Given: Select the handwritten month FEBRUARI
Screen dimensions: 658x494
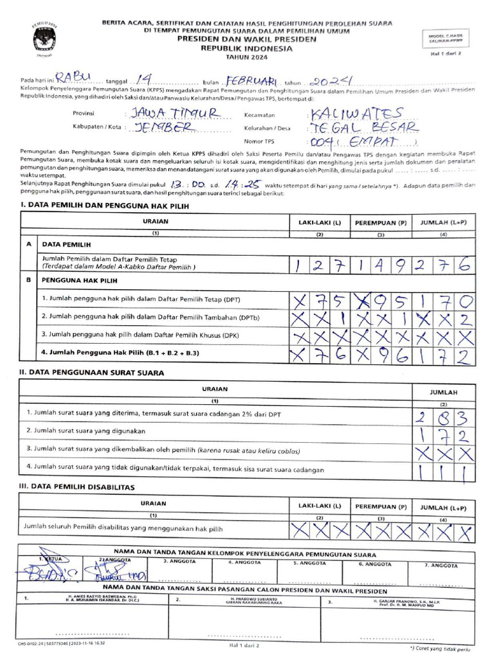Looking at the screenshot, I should pos(251,82).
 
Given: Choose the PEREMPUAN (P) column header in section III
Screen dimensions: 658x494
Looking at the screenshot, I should pos(381,506).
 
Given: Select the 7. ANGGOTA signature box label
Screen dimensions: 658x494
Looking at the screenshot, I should pos(442,565).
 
